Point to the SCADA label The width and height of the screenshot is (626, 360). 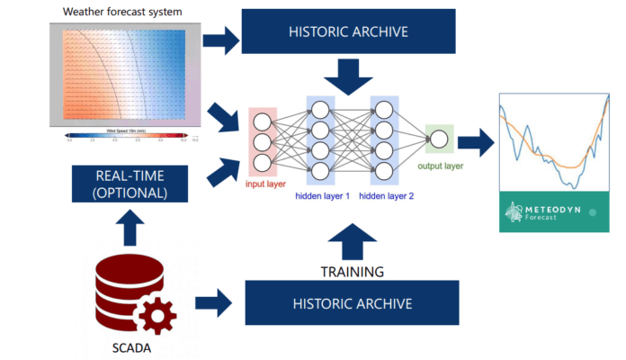132,347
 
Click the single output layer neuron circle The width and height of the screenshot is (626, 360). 439,139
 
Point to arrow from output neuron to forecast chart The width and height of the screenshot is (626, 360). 476,141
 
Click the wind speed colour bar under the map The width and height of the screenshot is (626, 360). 127,136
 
